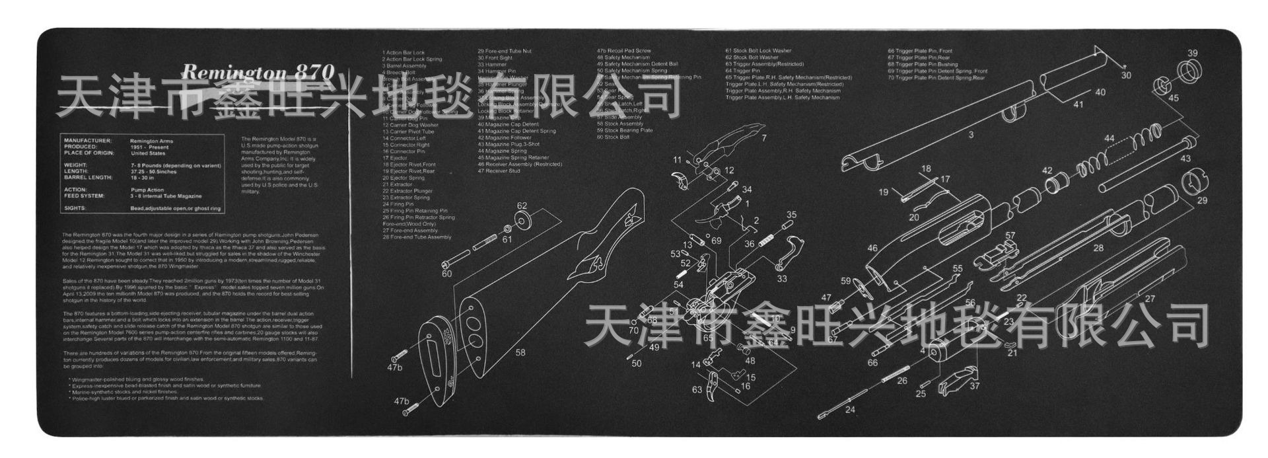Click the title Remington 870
258,71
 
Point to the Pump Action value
147,190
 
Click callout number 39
1192,54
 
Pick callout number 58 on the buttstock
520,352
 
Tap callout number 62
522,206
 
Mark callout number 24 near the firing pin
849,410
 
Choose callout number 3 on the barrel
971,135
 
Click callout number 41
1078,104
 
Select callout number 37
975,386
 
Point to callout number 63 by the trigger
697,389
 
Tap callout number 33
782,279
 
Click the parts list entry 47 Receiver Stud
499,171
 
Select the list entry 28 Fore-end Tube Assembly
417,237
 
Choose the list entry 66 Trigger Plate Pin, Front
920,51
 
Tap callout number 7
764,138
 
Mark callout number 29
1202,200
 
